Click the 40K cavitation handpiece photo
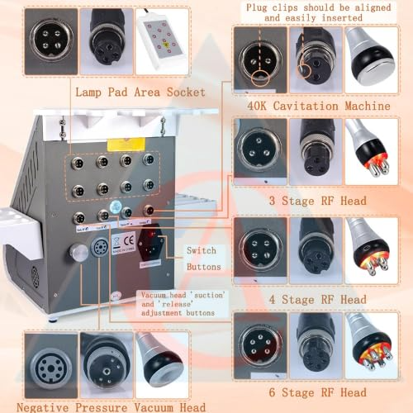pos(371,59)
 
